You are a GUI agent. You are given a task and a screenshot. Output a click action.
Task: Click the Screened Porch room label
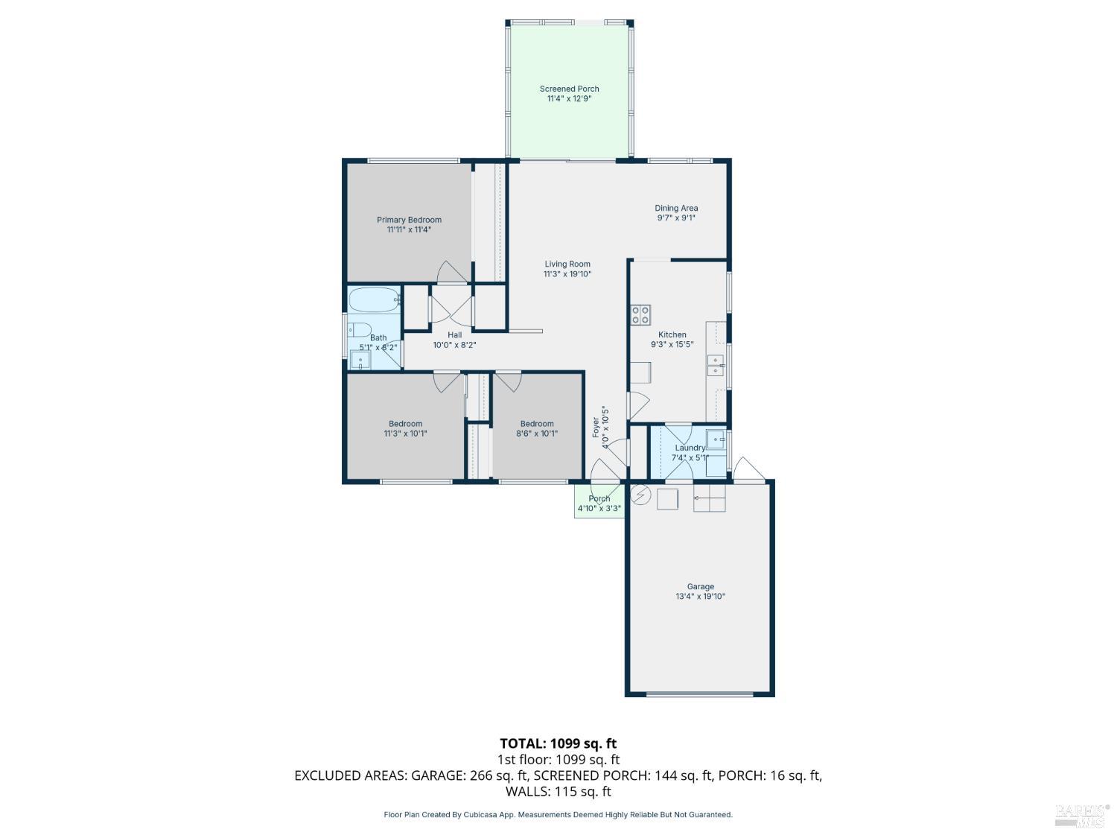(x=569, y=89)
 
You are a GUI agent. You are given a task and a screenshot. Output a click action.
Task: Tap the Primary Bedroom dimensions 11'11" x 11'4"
(x=409, y=230)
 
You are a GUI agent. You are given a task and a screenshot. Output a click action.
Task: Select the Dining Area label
(x=676, y=209)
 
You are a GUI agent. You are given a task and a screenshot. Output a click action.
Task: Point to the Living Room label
(x=567, y=264)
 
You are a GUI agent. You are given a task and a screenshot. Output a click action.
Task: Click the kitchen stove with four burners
(x=640, y=314)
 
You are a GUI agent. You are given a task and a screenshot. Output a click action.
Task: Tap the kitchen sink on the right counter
(x=716, y=365)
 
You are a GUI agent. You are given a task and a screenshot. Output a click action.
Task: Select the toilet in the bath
(x=360, y=330)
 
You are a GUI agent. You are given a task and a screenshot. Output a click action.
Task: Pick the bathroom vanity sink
(x=360, y=361)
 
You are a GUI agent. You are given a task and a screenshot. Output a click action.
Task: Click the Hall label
(x=454, y=335)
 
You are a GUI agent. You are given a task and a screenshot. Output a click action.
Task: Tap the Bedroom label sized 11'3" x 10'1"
(x=405, y=424)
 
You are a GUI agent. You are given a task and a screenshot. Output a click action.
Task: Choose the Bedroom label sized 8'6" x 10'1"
(x=537, y=424)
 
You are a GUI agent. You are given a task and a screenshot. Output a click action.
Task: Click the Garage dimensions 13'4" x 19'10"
(x=700, y=597)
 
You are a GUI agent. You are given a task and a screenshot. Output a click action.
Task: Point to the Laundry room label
(x=690, y=448)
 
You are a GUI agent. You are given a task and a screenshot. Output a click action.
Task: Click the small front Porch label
(x=599, y=499)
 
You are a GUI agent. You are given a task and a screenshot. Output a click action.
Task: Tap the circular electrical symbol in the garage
(x=641, y=495)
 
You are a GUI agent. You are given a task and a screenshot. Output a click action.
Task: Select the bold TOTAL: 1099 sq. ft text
(x=558, y=743)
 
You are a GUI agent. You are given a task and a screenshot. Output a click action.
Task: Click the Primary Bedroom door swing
(x=452, y=273)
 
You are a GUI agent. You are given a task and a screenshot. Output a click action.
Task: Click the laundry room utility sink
(x=716, y=439)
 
